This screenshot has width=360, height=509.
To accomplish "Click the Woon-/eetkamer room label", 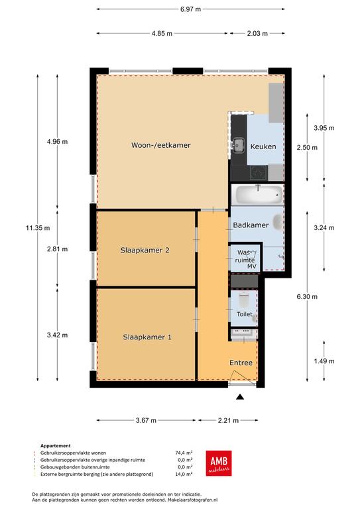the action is click(160, 145).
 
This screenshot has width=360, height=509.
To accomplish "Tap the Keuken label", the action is click(263, 146).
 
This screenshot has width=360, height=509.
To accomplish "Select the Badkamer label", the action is click(251, 225).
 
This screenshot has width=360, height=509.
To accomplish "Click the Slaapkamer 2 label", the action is click(145, 251).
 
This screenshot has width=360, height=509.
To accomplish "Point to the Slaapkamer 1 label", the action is click(147, 337).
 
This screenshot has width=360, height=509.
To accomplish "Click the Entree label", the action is click(241, 363).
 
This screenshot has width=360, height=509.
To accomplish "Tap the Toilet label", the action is click(245, 314).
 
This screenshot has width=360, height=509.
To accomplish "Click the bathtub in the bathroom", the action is click(258, 194).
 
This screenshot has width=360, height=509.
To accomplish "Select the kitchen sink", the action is click(239, 144).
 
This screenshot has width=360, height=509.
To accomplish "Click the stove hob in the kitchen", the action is click(259, 173).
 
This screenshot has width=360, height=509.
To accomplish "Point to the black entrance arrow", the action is click(240, 396).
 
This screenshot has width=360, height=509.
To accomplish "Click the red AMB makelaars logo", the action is click(219, 463).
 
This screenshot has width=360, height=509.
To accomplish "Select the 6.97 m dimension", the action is click(190, 9).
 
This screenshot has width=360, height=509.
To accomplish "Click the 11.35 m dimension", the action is click(38, 228).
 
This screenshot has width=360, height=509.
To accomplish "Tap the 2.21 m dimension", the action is click(228, 420).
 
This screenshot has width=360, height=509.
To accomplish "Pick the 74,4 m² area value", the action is click(184, 453).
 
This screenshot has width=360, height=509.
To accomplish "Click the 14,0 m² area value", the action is click(184, 474).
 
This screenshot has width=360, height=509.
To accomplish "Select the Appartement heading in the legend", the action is click(56, 445).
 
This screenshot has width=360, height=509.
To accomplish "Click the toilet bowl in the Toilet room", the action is click(243, 300).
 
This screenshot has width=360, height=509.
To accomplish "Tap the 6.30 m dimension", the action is click(307, 296).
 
